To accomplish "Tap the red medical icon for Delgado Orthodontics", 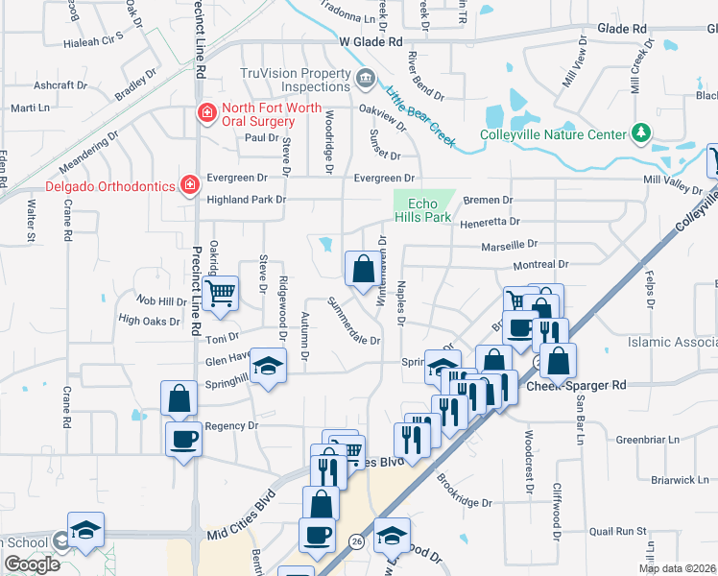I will [x=191, y=183].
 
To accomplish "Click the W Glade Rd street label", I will [x=371, y=42].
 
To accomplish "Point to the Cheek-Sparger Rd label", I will [x=576, y=385].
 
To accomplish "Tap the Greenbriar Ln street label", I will [x=647, y=440].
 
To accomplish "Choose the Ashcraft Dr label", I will [x=60, y=84].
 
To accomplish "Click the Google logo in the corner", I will [x=32, y=564].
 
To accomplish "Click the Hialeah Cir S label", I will [x=93, y=42].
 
